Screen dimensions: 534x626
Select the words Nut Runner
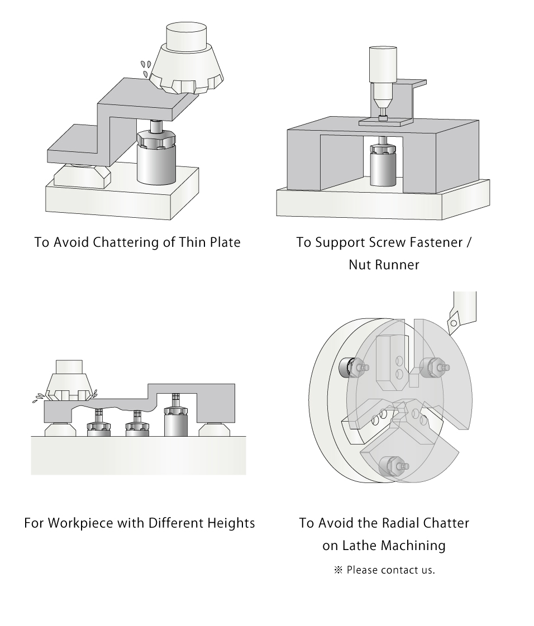[x=384, y=265]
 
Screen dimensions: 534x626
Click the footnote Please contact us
[x=390, y=570]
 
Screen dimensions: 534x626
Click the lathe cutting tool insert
[x=454, y=323]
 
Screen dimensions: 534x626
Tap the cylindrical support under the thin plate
[x=156, y=153]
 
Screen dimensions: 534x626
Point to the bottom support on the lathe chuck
[x=392, y=466]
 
